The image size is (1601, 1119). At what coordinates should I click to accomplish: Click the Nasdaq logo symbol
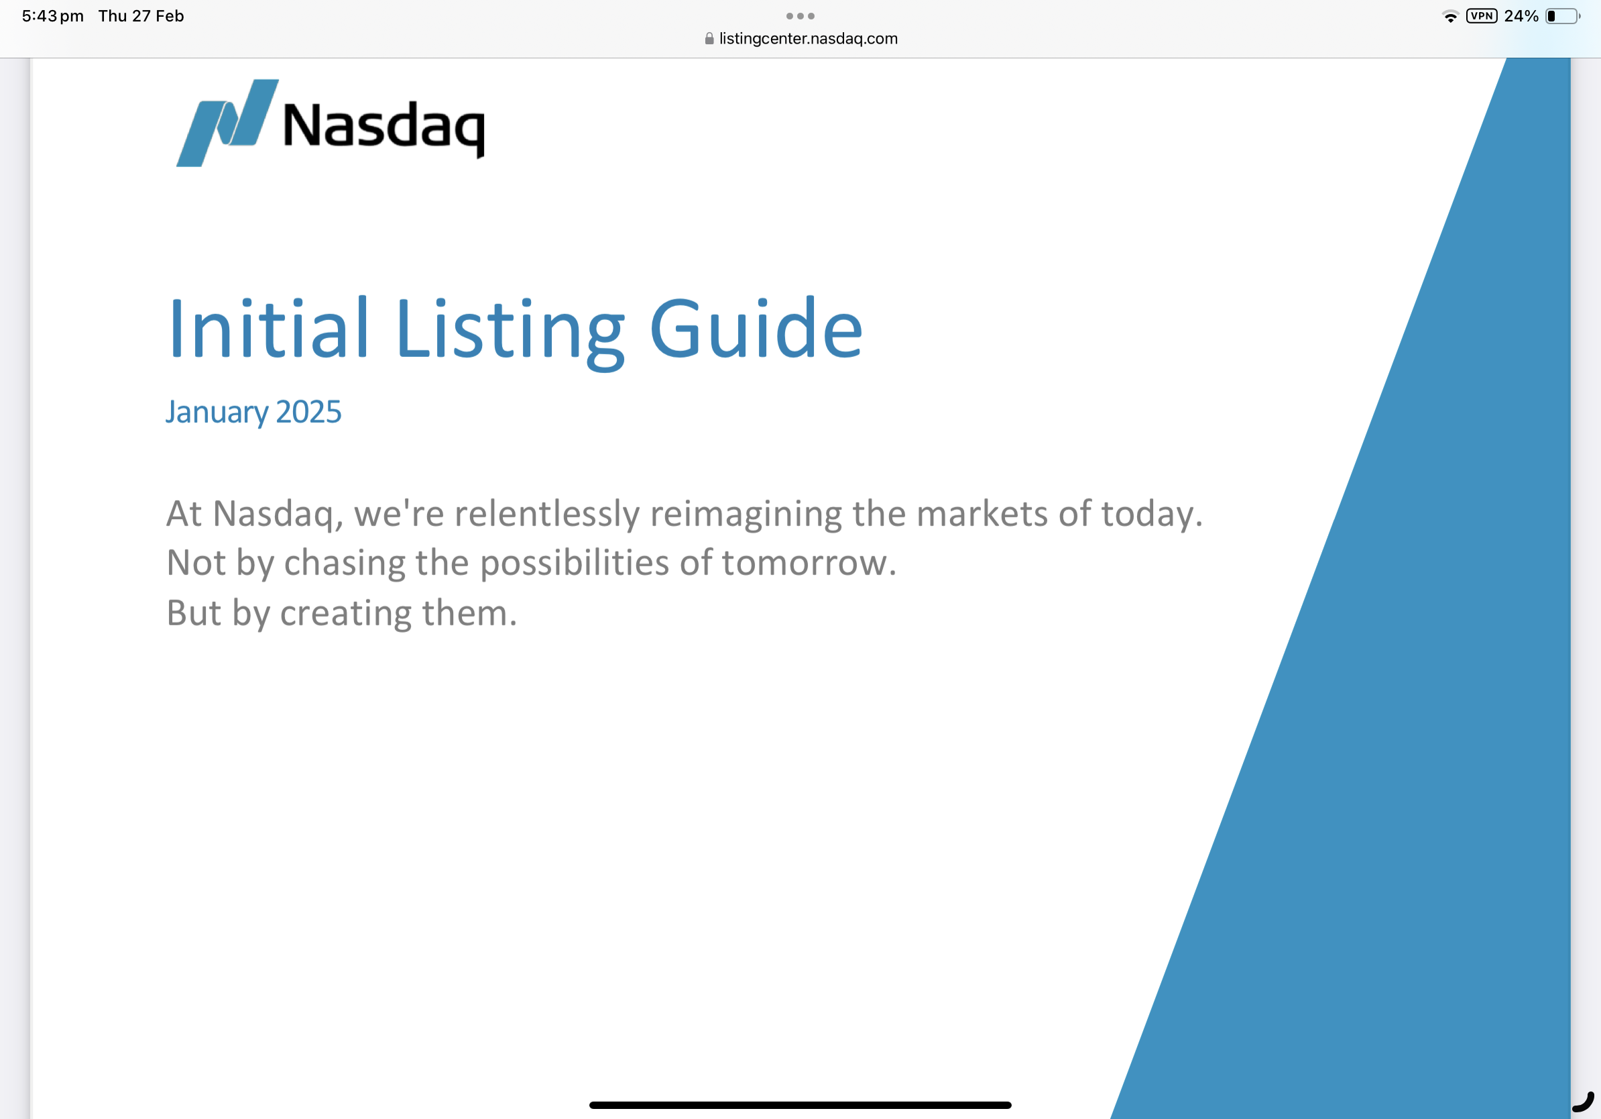click(227, 123)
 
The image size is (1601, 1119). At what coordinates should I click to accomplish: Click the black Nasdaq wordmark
click(383, 127)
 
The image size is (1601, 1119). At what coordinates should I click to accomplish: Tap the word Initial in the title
click(268, 328)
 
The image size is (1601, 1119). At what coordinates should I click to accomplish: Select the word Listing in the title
click(510, 332)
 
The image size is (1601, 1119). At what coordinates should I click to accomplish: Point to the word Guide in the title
click(756, 328)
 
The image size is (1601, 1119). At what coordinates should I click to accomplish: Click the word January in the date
click(217, 413)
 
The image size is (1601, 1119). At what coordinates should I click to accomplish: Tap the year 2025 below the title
click(309, 412)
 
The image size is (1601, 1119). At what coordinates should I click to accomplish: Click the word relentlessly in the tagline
click(546, 513)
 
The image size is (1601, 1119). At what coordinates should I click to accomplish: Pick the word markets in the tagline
click(982, 514)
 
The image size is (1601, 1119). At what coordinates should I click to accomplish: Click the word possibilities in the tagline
click(575, 564)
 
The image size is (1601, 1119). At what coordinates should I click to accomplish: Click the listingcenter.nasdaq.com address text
click(809, 38)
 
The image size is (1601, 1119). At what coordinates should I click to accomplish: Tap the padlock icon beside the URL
click(709, 38)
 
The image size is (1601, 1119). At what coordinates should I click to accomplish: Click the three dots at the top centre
click(800, 16)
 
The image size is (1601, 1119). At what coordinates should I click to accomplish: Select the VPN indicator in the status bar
click(1481, 16)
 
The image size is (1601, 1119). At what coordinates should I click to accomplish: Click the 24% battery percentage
click(1521, 16)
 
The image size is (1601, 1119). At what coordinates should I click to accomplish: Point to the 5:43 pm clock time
click(53, 16)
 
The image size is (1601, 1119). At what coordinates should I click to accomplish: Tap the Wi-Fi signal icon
click(1450, 17)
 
